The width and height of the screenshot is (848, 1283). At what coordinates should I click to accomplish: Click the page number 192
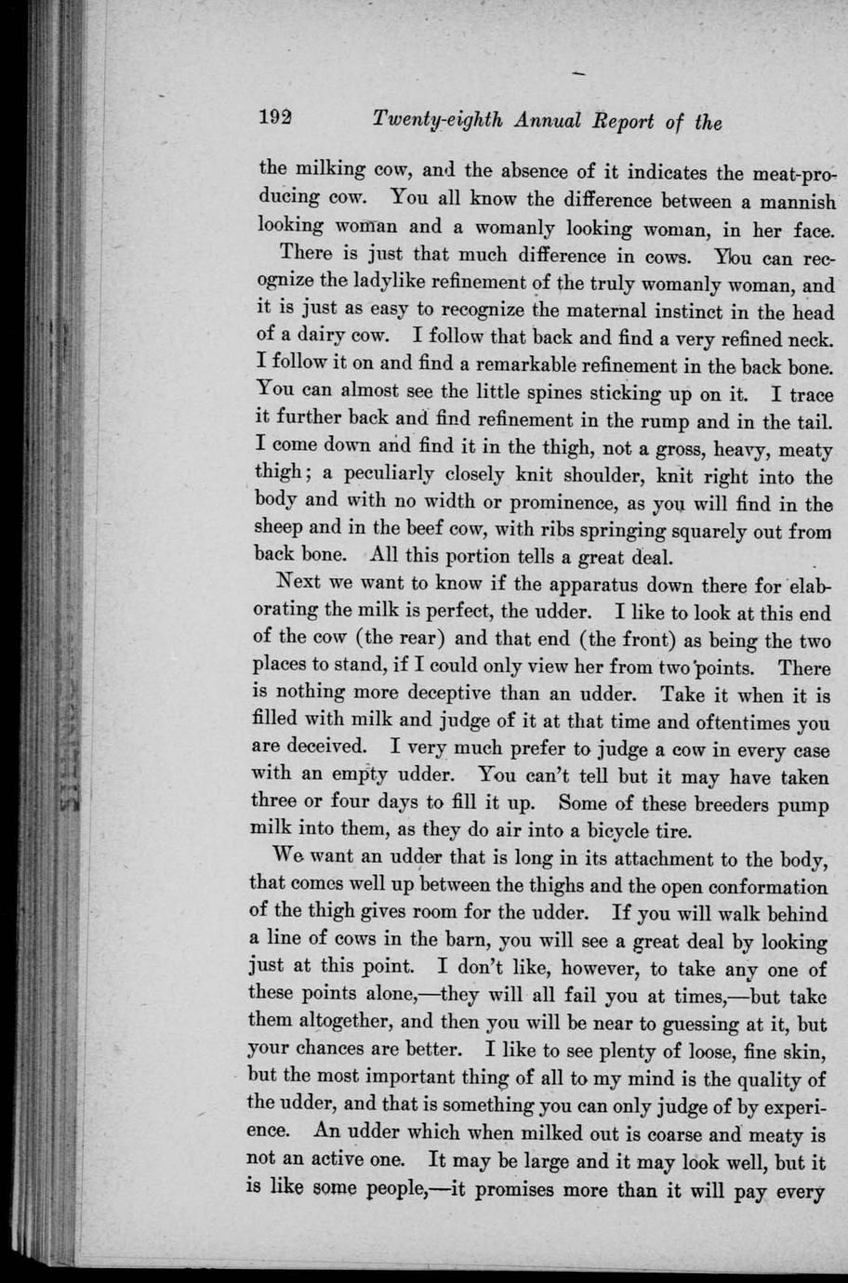point(276,120)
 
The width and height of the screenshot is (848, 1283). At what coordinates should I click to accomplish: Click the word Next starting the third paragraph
point(300,586)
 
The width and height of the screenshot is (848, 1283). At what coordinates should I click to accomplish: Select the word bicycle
point(604,830)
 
